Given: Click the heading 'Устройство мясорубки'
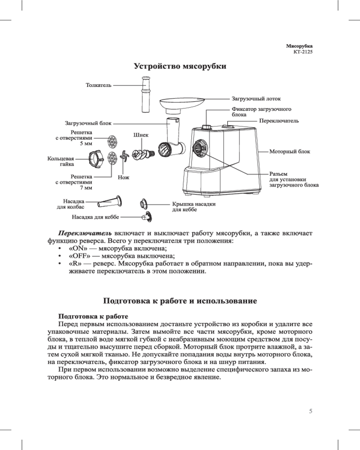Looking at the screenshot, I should coord(180,67).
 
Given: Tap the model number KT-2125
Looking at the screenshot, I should coord(302,52).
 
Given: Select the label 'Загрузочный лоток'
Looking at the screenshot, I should coord(256,98).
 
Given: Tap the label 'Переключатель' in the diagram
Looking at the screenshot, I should coord(279,121).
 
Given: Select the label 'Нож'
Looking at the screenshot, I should coord(123,178).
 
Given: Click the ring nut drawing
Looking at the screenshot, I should coord(96,159).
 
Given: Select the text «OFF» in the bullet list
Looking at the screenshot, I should coord(79,256).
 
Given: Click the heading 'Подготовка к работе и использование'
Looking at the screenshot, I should coord(180,300).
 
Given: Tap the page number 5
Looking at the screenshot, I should coord(311,411).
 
